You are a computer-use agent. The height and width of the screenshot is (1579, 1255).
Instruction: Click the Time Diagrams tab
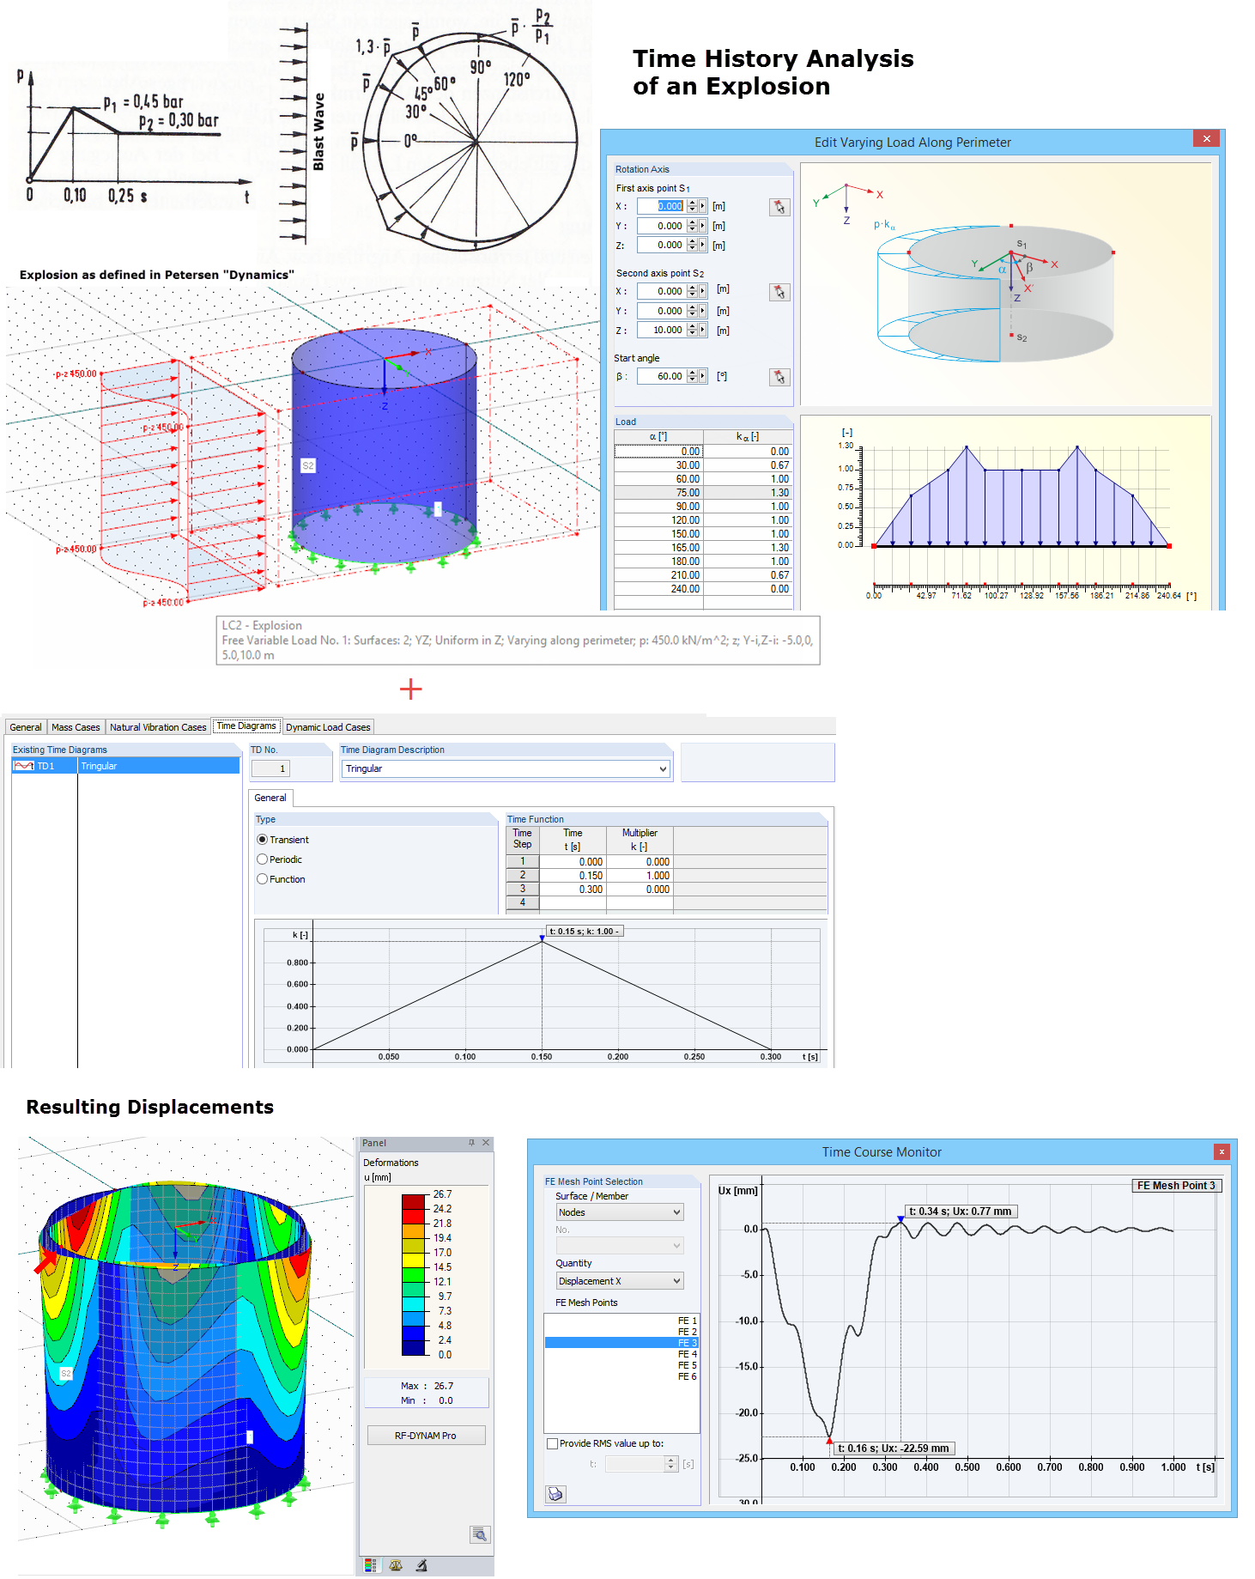[x=246, y=726]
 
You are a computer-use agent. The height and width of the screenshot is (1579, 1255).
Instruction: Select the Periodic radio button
[x=263, y=859]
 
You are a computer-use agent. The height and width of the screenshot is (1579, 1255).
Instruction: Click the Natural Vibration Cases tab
[x=158, y=727]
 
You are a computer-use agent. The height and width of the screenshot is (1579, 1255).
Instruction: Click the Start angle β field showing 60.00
[x=661, y=376]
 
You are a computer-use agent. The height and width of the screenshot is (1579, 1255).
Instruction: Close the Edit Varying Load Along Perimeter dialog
[x=1206, y=139]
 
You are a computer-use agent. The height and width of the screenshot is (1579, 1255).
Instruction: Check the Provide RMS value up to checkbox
[x=553, y=1443]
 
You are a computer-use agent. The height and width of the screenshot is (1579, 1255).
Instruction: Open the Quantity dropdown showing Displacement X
[x=619, y=1281]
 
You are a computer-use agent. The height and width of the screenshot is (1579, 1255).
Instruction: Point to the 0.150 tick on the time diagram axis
[x=542, y=1057]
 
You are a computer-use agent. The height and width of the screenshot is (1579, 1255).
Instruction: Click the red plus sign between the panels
[x=411, y=689]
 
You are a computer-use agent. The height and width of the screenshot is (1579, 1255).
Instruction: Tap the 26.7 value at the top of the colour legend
[x=442, y=1194]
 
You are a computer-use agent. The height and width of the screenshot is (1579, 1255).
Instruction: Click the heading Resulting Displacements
[x=150, y=1108]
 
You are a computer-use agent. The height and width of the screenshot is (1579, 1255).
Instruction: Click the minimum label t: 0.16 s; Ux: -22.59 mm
[x=894, y=1448]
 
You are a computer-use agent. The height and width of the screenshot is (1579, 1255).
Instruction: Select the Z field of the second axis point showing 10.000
[x=661, y=331]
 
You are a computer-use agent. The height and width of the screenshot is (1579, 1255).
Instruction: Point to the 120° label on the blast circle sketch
[x=517, y=80]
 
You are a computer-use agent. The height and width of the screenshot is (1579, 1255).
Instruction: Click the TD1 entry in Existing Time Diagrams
[x=45, y=766]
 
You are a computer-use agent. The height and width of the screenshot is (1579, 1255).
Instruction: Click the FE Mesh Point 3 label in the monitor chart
[x=1175, y=1186]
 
